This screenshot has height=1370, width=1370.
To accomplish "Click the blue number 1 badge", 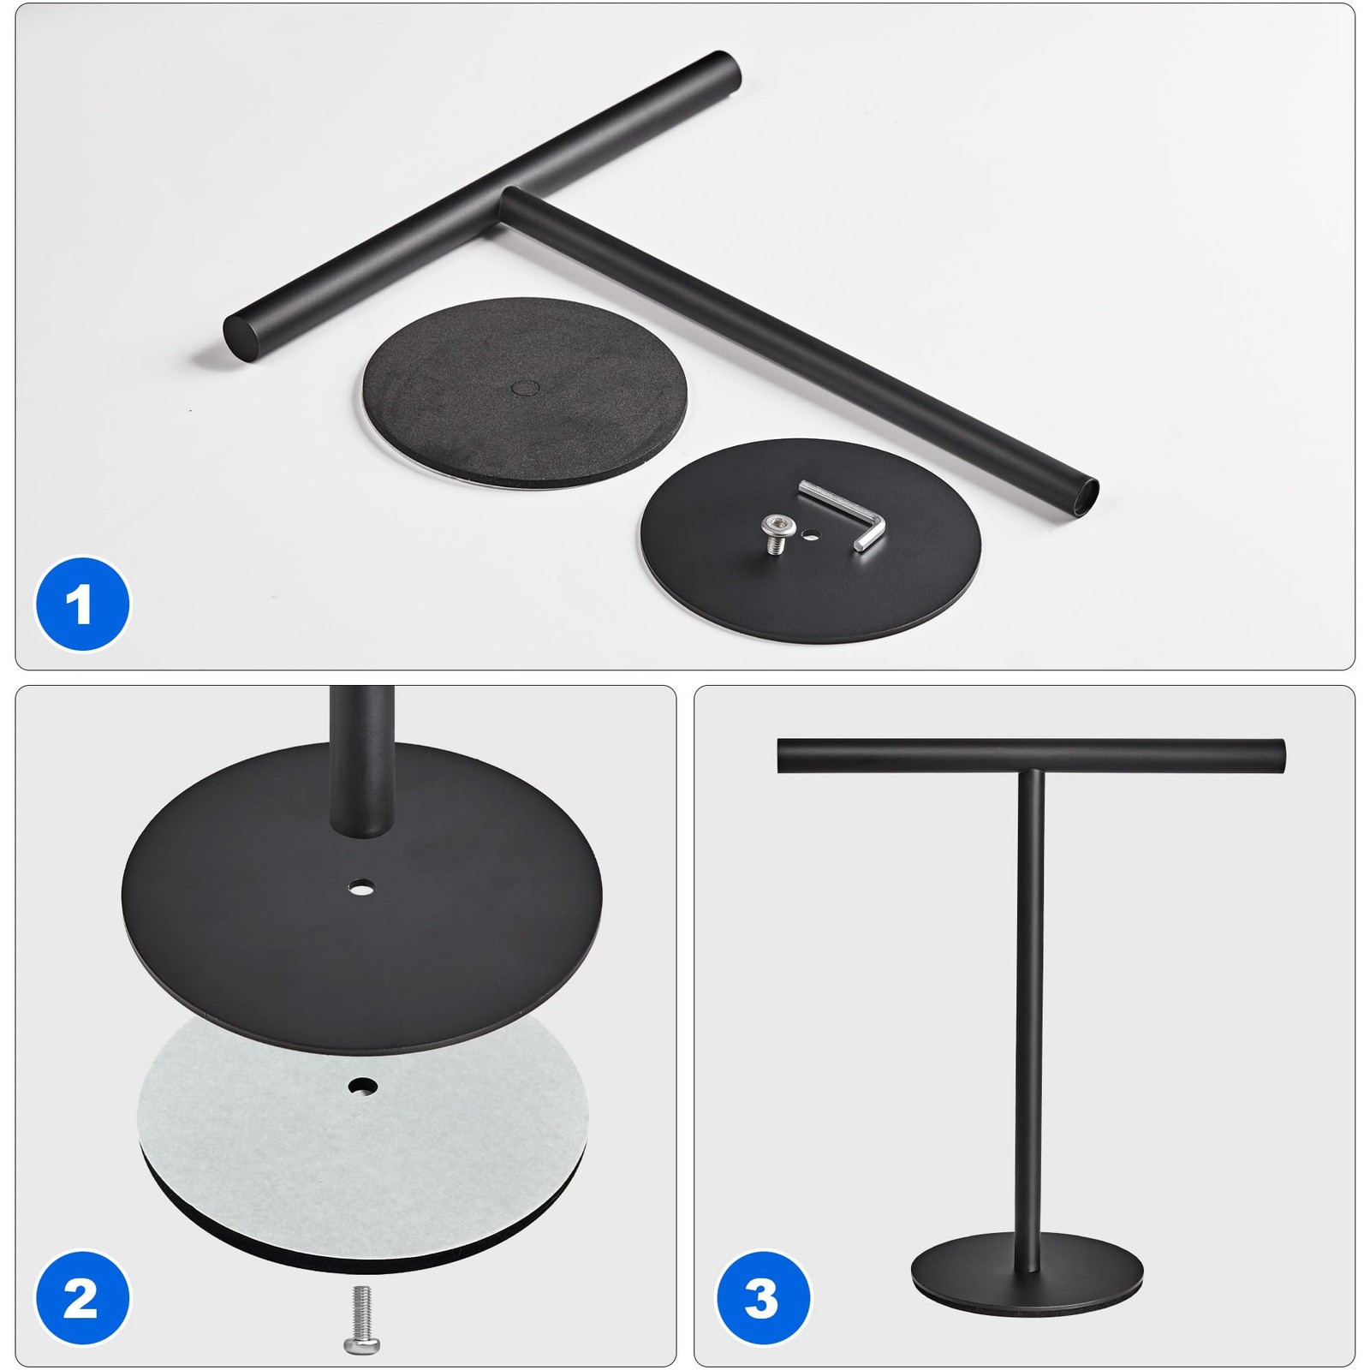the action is [82, 604].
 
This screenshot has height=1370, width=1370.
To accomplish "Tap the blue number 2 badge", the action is [82, 1298].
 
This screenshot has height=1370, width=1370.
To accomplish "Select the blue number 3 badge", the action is [762, 1298].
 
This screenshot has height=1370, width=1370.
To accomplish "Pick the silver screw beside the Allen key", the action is [775, 534].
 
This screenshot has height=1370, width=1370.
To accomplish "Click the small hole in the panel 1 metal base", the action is [810, 537].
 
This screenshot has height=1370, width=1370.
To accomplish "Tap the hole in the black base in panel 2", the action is [363, 887].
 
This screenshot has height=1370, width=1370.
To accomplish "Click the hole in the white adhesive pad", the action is [363, 1086].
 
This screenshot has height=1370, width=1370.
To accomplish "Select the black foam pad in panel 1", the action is [525, 394].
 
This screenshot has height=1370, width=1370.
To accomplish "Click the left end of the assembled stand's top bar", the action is [781, 755].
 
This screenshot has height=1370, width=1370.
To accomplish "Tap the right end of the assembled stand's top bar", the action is [1281, 755].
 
